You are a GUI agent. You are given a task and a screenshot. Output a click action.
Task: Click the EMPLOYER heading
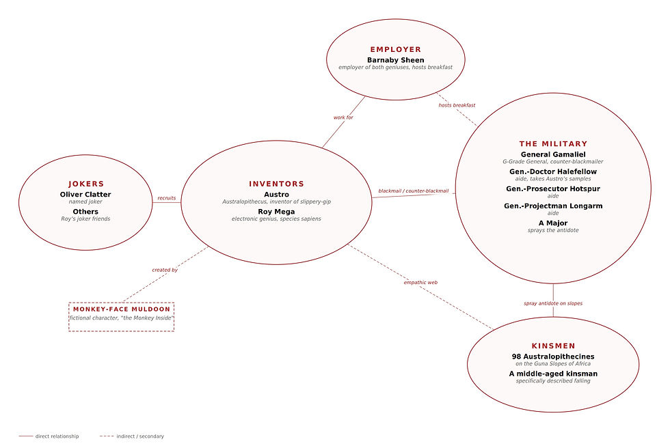[395, 50]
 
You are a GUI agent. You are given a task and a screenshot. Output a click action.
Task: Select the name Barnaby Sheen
[395, 60]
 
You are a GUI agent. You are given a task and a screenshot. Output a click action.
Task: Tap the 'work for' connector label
[343, 117]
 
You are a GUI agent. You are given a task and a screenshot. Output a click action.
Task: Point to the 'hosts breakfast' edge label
[457, 105]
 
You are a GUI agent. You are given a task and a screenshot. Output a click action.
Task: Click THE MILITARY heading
[553, 144]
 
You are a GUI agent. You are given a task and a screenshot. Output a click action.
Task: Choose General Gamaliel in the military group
[553, 154]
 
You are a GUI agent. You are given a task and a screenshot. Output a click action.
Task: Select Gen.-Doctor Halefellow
[553, 171]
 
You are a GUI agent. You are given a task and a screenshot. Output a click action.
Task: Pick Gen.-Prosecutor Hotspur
[553, 188]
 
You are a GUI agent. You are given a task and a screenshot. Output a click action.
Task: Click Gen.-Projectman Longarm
[553, 206]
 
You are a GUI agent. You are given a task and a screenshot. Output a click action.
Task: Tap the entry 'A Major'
[553, 223]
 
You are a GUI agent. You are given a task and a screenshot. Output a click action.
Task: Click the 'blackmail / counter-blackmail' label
[414, 191]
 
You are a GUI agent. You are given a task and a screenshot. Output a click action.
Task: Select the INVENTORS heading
[276, 184]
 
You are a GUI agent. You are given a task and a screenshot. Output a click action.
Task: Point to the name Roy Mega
[276, 212]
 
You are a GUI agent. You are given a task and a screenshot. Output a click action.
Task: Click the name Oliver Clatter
[85, 195]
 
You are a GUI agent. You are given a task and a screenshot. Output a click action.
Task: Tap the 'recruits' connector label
[167, 198]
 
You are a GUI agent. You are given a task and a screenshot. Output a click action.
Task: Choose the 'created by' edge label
[165, 270]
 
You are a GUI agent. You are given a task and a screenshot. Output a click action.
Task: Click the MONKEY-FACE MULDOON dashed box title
[122, 309]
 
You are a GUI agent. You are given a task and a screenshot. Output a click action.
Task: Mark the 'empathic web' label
[420, 282]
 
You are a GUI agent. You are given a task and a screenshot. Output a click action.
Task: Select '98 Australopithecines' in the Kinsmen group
[553, 356]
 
